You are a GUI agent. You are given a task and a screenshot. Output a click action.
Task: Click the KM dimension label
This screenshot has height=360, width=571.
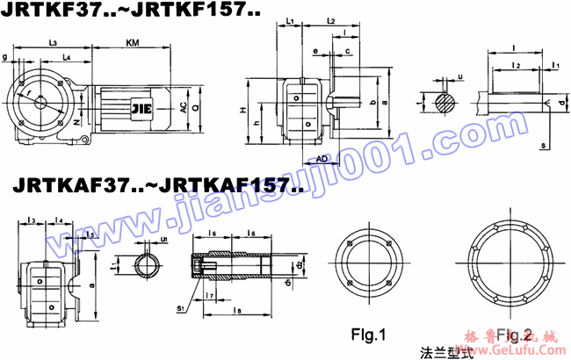[132, 42]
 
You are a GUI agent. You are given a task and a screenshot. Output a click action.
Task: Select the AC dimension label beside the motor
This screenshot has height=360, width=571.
[183, 107]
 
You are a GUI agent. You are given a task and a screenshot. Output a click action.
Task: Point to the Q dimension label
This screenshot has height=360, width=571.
[197, 107]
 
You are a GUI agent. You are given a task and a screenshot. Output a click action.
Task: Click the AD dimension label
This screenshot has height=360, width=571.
[322, 158]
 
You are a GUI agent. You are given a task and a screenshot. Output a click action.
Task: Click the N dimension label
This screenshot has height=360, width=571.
[76, 125]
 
